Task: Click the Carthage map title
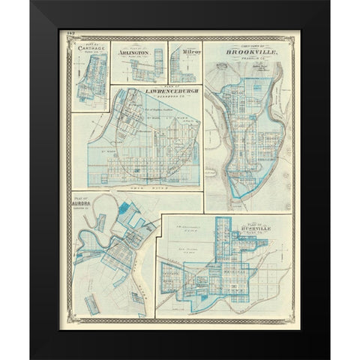91,49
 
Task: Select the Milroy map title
184,53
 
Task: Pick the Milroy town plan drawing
182,70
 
